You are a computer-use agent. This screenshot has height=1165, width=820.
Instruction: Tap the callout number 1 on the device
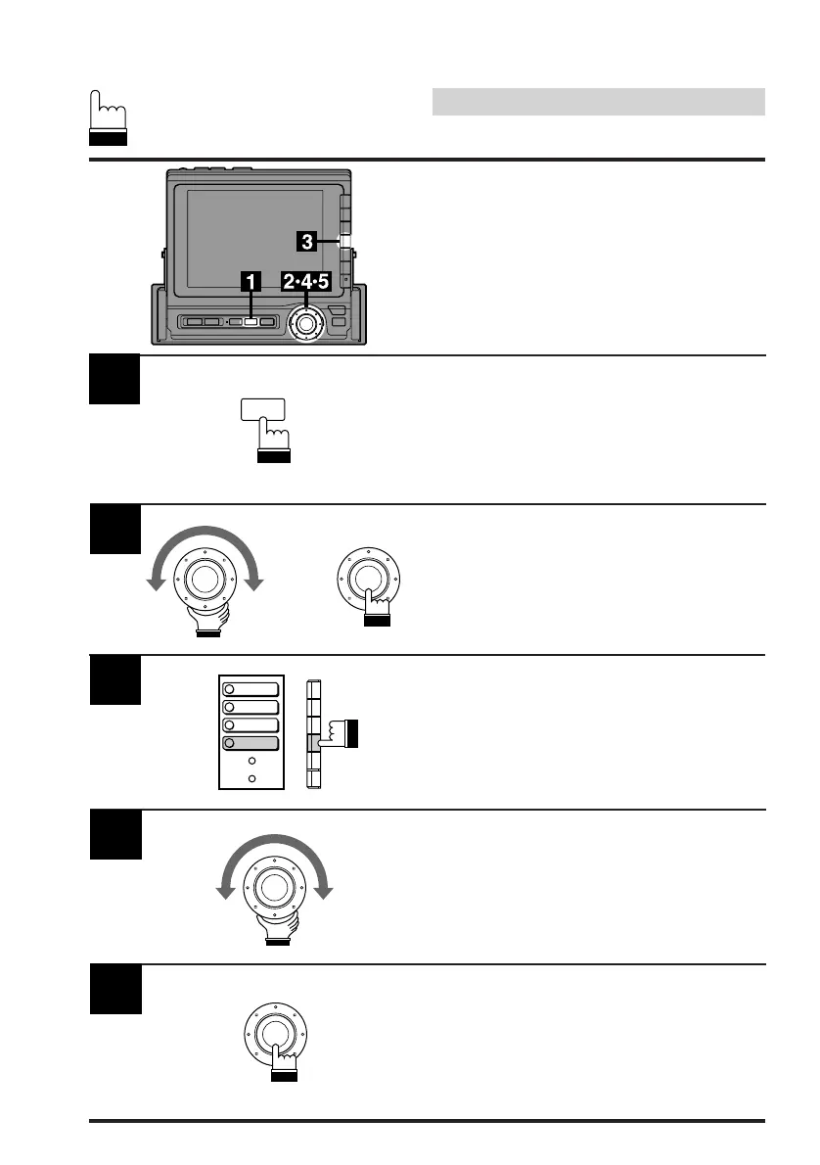(251, 282)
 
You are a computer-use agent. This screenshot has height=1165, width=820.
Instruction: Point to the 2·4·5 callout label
(305, 282)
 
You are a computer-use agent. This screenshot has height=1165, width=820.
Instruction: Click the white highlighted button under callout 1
(251, 321)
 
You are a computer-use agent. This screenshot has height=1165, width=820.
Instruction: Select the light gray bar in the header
(598, 102)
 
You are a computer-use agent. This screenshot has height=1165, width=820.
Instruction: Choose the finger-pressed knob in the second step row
(364, 578)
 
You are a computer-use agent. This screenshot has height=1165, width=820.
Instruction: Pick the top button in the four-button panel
(251, 688)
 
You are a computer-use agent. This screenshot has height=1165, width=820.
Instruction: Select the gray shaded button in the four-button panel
(251, 744)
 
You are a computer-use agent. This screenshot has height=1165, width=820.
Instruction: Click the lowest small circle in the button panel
(251, 778)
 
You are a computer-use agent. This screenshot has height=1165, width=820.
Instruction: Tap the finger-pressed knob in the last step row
(275, 1032)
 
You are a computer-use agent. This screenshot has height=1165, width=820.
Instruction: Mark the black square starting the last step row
(115, 990)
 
